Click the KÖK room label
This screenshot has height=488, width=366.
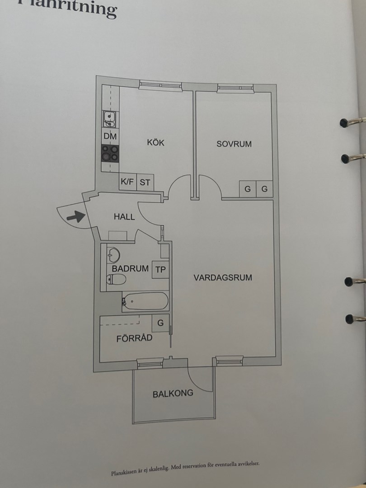(155, 143)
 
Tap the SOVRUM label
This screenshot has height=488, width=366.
(234, 144)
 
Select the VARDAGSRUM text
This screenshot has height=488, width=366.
(223, 277)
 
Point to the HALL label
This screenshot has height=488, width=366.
(124, 217)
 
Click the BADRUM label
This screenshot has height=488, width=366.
(130, 268)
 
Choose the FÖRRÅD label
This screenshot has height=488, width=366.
(134, 338)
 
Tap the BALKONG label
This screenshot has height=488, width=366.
(173, 393)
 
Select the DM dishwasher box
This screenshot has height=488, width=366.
(110, 136)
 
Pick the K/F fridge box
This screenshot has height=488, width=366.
(127, 183)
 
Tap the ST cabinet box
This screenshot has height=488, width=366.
(145, 183)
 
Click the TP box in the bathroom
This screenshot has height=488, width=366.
(160, 270)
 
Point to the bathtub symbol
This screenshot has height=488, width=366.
(145, 301)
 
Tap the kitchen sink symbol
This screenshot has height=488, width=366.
(110, 119)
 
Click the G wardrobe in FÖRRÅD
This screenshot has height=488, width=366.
(160, 323)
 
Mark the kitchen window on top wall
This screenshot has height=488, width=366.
(160, 84)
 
